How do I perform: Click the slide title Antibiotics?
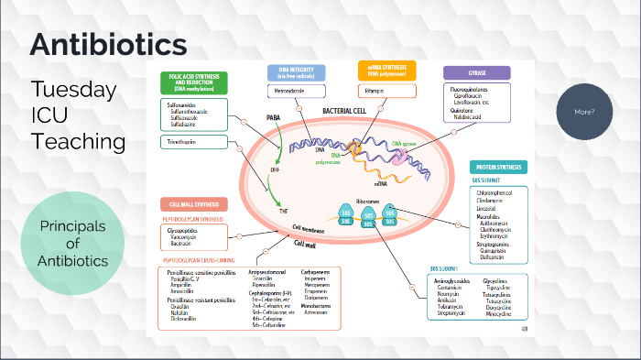tap(108, 44)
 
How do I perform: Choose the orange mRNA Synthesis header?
tap(386, 72)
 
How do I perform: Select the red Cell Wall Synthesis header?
tap(194, 204)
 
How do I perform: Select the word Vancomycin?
tap(185, 236)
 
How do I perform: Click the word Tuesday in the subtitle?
tap(73, 89)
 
